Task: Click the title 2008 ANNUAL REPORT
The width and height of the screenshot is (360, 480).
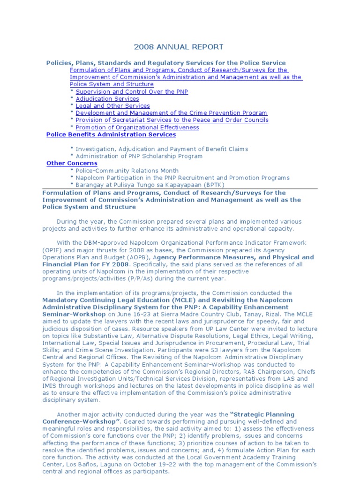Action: pos(179,47)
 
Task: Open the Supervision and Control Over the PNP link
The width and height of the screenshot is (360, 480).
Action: pos(132,92)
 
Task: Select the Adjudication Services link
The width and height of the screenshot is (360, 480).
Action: pos(107,99)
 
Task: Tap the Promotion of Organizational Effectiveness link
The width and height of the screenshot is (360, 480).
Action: pos(137,127)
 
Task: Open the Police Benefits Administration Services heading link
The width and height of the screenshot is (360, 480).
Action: pos(111,135)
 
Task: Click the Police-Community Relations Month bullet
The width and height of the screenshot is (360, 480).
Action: pos(127,171)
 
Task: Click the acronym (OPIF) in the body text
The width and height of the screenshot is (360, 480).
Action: pos(51,250)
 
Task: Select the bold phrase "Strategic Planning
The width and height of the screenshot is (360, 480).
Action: pos(262,414)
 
